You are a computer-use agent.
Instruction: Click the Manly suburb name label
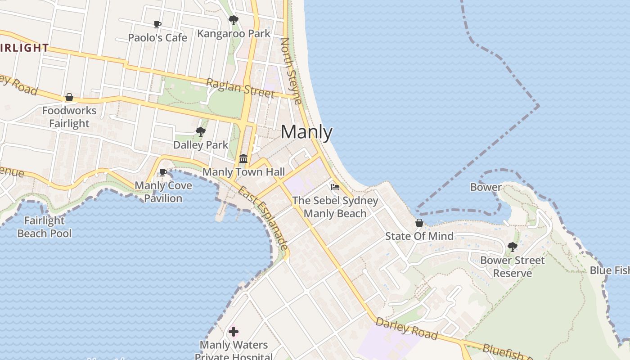(x=306, y=132)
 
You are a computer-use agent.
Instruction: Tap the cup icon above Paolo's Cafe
(x=157, y=24)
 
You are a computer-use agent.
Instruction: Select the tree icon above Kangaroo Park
(x=233, y=20)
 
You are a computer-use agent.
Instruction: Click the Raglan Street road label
(x=240, y=87)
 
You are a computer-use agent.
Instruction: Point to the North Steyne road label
(x=291, y=71)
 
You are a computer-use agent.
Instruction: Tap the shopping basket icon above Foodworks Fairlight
(x=69, y=97)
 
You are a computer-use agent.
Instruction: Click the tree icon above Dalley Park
(x=201, y=132)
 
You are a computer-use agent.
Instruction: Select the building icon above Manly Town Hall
(x=243, y=158)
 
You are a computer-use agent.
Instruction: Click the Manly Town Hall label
(x=243, y=172)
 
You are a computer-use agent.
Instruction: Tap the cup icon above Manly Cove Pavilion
(x=163, y=172)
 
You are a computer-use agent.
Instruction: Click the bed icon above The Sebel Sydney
(x=335, y=187)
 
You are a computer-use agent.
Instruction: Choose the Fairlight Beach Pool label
(x=45, y=227)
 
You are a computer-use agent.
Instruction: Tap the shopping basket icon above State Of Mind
(x=419, y=223)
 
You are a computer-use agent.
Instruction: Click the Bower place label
(x=486, y=187)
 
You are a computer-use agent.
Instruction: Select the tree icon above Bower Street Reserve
(x=512, y=247)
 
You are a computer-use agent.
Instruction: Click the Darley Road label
(x=406, y=328)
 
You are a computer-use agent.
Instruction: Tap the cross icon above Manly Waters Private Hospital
(x=233, y=332)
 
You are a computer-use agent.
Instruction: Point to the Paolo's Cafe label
(x=157, y=38)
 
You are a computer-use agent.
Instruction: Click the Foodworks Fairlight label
(x=69, y=117)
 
